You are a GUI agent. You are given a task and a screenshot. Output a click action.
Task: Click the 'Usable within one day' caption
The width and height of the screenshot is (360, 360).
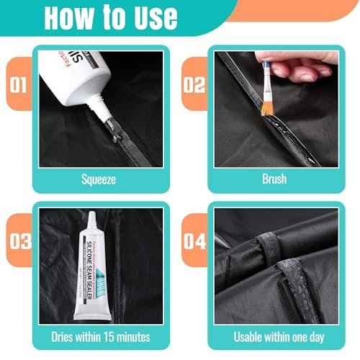pyautogui.click(x=274, y=336)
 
